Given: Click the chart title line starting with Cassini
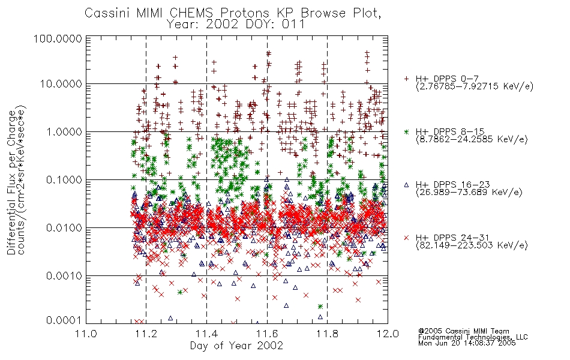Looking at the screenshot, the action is [x=233, y=13].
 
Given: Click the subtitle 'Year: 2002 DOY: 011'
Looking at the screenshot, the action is [x=236, y=25].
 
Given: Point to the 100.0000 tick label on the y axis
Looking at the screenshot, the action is [x=58, y=38].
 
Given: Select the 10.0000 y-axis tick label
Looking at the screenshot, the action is [x=61, y=84].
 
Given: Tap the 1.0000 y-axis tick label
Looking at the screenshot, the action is [x=64, y=131].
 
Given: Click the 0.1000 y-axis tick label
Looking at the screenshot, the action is [x=64, y=179].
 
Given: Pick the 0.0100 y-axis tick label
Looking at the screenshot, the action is [x=64, y=228].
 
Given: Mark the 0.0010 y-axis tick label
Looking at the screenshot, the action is [x=64, y=276].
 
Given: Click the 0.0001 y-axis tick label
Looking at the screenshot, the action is [x=64, y=320].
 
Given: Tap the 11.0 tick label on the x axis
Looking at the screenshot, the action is [x=86, y=334].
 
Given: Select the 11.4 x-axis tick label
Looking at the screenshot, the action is [x=206, y=334].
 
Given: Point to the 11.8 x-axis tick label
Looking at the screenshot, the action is [x=327, y=334].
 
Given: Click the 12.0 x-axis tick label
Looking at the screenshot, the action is [x=388, y=334].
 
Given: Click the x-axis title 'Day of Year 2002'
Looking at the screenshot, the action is [x=236, y=346].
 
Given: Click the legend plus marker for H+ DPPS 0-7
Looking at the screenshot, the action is [x=406, y=78].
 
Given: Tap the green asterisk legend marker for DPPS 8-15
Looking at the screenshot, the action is [x=406, y=131].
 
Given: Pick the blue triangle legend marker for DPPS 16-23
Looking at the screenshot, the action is [x=406, y=185].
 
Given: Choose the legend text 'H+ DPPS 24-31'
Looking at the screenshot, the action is [x=452, y=238].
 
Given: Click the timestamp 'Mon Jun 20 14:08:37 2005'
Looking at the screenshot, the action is [x=467, y=343].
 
